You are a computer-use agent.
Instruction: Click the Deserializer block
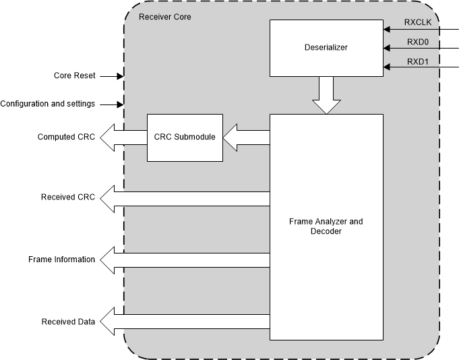click(326, 48)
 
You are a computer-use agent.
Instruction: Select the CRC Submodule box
click(185, 137)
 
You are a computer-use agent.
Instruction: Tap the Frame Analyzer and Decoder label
click(326, 227)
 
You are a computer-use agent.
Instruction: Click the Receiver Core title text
click(164, 16)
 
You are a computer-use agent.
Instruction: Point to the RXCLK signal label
click(423, 22)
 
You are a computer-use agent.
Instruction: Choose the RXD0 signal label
click(422, 42)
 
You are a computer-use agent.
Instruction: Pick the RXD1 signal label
click(422, 62)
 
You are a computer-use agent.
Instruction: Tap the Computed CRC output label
click(65, 137)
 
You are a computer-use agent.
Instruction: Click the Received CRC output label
click(67, 198)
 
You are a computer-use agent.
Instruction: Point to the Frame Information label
click(61, 260)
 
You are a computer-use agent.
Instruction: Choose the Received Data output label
click(68, 322)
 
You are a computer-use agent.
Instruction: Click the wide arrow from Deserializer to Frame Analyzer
click(326, 95)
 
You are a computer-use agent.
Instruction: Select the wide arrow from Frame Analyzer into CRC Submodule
click(246, 137)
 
